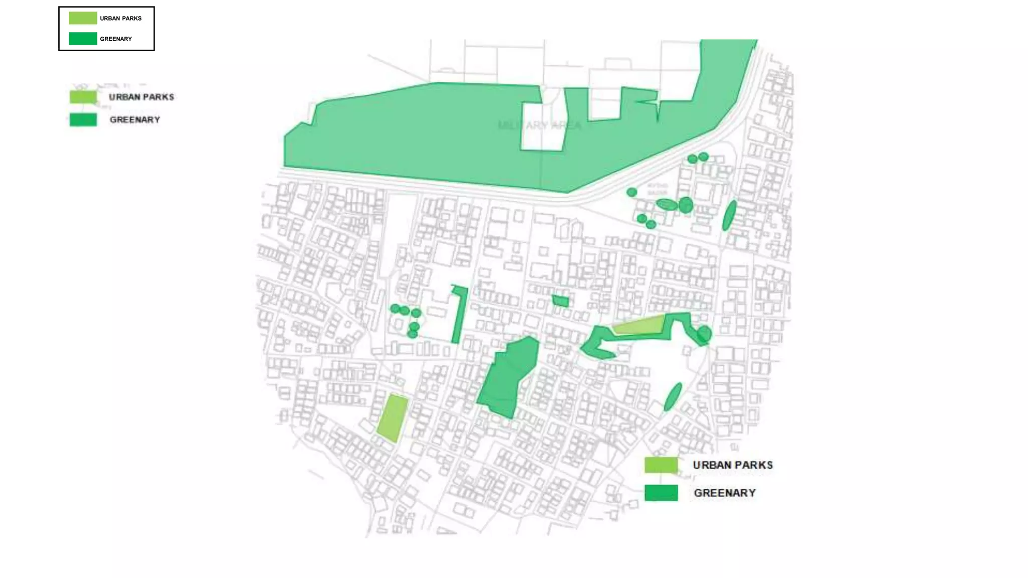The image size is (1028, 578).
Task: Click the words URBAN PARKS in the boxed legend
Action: pos(120,19)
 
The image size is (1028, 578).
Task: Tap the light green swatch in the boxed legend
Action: pos(83,18)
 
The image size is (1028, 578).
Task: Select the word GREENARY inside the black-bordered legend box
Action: pos(115,39)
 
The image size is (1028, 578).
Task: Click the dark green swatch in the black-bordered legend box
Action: pos(83,39)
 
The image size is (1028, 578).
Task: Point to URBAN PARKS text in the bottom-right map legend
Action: pos(732,465)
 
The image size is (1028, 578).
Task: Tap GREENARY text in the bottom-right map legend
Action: pos(724,493)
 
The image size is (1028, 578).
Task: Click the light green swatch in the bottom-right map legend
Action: pos(661,465)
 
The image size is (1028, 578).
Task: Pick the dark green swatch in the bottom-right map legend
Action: pos(661,493)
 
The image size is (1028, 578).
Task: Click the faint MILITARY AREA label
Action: pos(539,125)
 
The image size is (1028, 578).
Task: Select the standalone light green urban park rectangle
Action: pos(393,418)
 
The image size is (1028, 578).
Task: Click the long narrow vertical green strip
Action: pos(459,315)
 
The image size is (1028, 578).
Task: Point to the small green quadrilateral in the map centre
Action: pos(560,301)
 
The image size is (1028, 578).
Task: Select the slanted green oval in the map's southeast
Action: pos(673,396)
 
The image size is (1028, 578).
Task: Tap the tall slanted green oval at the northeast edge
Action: pos(729,215)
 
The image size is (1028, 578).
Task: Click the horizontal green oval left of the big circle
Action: pos(667,204)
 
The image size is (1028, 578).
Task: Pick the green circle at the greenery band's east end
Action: pos(704,334)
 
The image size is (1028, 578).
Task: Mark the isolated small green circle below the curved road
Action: pos(632,192)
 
